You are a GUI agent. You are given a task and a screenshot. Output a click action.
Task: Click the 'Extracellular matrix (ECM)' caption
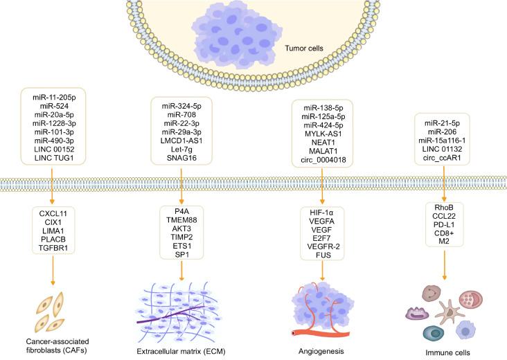(x=181, y=351)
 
